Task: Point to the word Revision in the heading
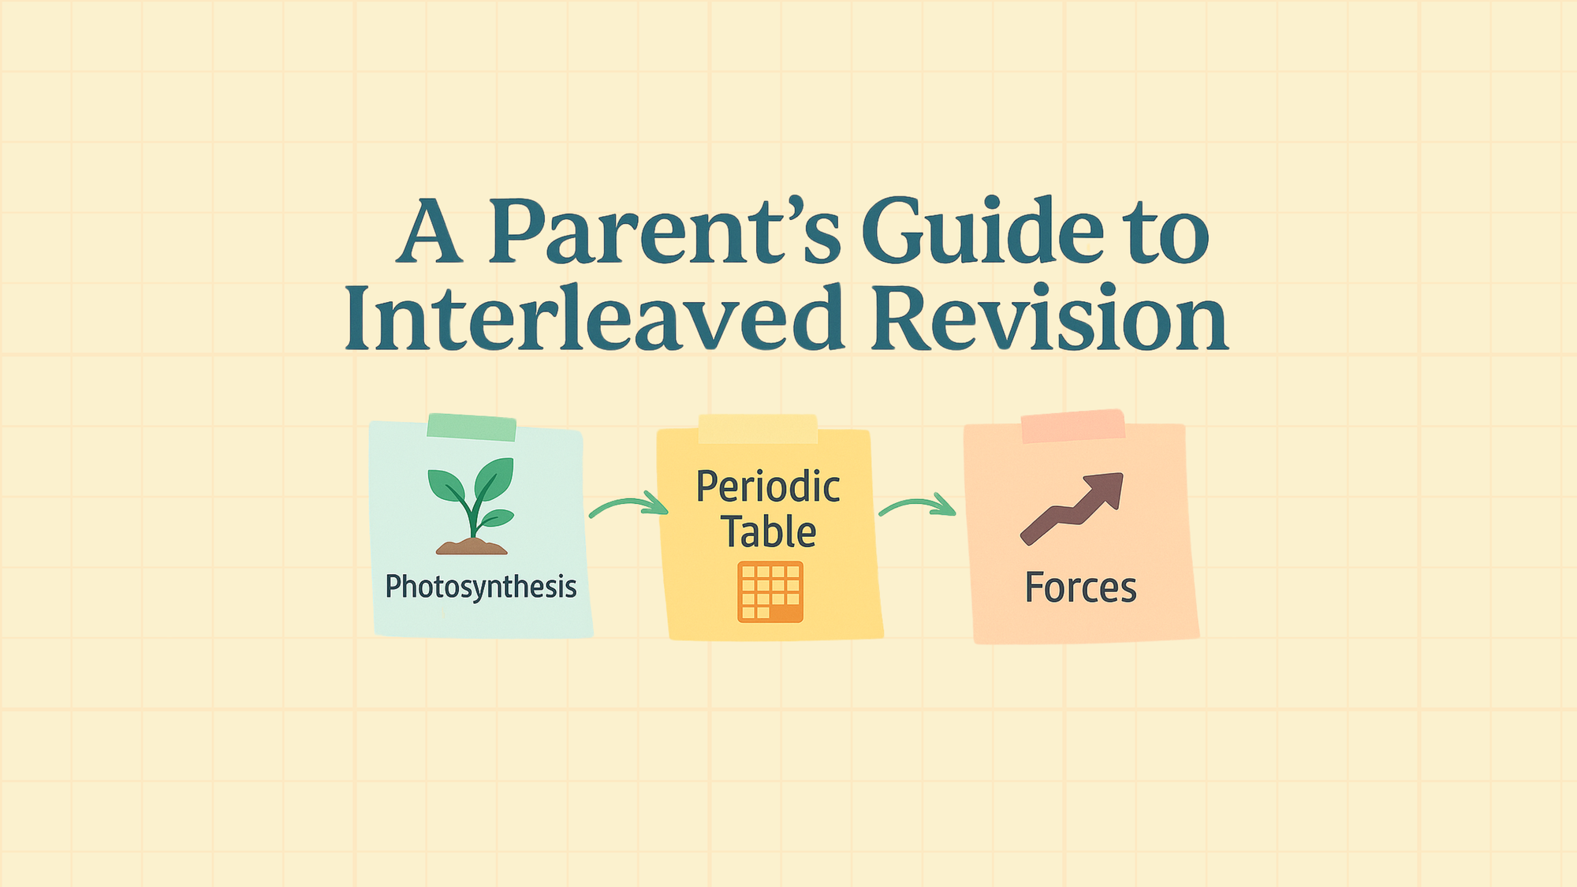1049,317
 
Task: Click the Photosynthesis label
481,587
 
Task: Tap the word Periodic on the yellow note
768,486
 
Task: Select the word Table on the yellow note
769,531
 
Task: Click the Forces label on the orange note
1080,588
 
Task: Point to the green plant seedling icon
472,498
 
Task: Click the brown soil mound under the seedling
472,546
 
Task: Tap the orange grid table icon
770,592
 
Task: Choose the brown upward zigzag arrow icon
1072,509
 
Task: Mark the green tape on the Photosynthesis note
472,427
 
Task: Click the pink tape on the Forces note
1073,426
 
